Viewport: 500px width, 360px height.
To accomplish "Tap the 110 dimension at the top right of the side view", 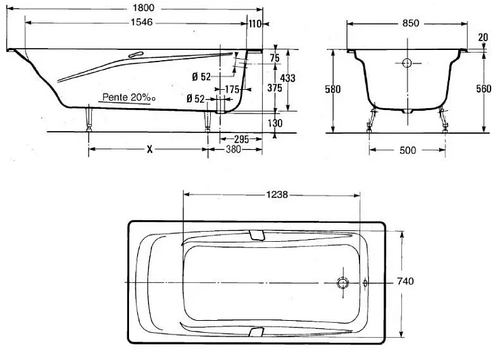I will (x=255, y=24).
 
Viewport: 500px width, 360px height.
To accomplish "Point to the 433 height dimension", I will (x=287, y=78).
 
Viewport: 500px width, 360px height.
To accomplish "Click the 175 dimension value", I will (x=232, y=89).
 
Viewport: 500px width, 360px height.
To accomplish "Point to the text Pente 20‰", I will (x=129, y=97).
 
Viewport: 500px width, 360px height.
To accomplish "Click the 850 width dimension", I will (x=410, y=22).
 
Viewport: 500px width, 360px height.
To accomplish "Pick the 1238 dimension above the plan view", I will (x=274, y=195).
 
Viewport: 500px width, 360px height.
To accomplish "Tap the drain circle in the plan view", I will (x=342, y=282).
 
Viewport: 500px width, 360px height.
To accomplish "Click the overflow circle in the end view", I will (x=407, y=63).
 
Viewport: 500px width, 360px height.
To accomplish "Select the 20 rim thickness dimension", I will (x=483, y=37).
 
